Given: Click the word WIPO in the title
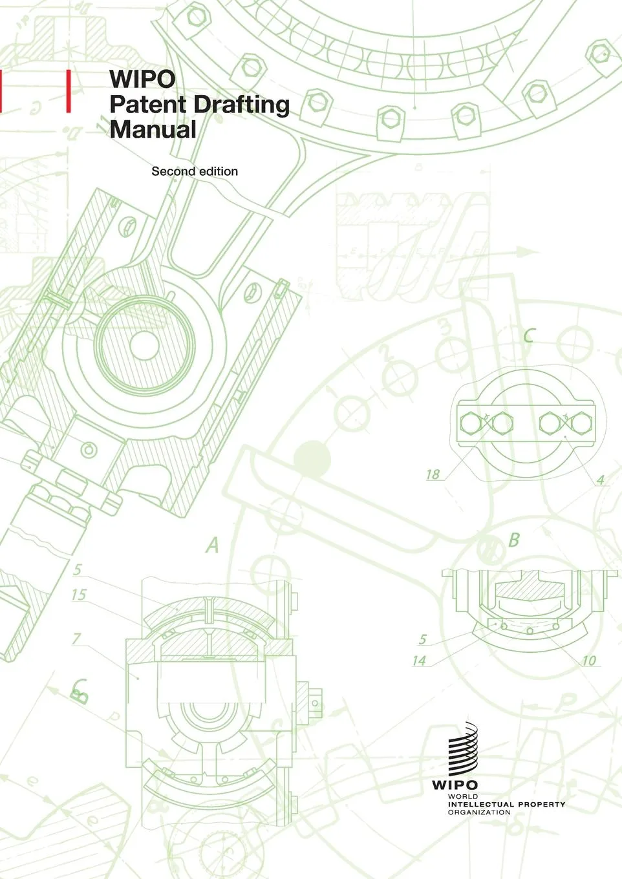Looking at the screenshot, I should (142, 79).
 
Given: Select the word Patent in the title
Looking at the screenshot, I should (148, 104).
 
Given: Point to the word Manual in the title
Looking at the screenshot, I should (153, 129).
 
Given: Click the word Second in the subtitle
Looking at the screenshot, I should (173, 171).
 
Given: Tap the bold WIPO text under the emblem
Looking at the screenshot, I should (455, 785).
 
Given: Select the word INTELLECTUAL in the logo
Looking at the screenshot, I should (478, 804).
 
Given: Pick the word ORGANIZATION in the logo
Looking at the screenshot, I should (479, 812).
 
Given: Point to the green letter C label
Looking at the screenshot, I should (529, 335).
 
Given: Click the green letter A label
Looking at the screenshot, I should (213, 545).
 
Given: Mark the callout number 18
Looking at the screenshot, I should (433, 474).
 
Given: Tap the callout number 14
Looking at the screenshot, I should (419, 661).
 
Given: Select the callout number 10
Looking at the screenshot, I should (588, 661).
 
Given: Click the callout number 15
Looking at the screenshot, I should (79, 594).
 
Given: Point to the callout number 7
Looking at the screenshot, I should (76, 639).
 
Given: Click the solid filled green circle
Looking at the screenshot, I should (312, 459).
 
